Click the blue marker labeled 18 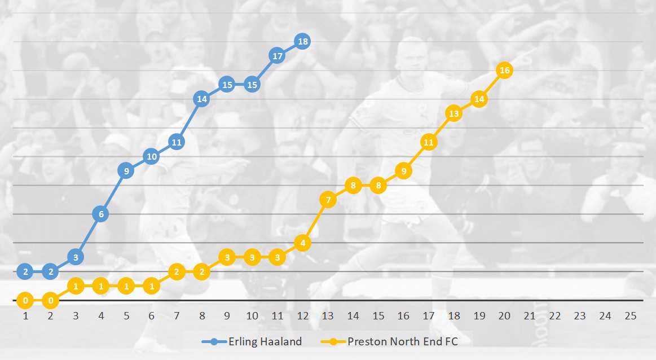302,41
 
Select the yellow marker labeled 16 504,70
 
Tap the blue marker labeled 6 100,214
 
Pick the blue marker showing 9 126,170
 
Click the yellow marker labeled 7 328,199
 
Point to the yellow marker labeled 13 454,113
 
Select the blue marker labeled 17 277,56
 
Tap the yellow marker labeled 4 302,243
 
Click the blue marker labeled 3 76,257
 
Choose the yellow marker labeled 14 479,99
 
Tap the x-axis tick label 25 630,316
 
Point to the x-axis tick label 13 328,316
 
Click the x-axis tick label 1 25,316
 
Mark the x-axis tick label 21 530,316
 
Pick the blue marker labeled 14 201,99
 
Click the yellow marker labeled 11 428,142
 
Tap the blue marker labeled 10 151,156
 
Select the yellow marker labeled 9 403,170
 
